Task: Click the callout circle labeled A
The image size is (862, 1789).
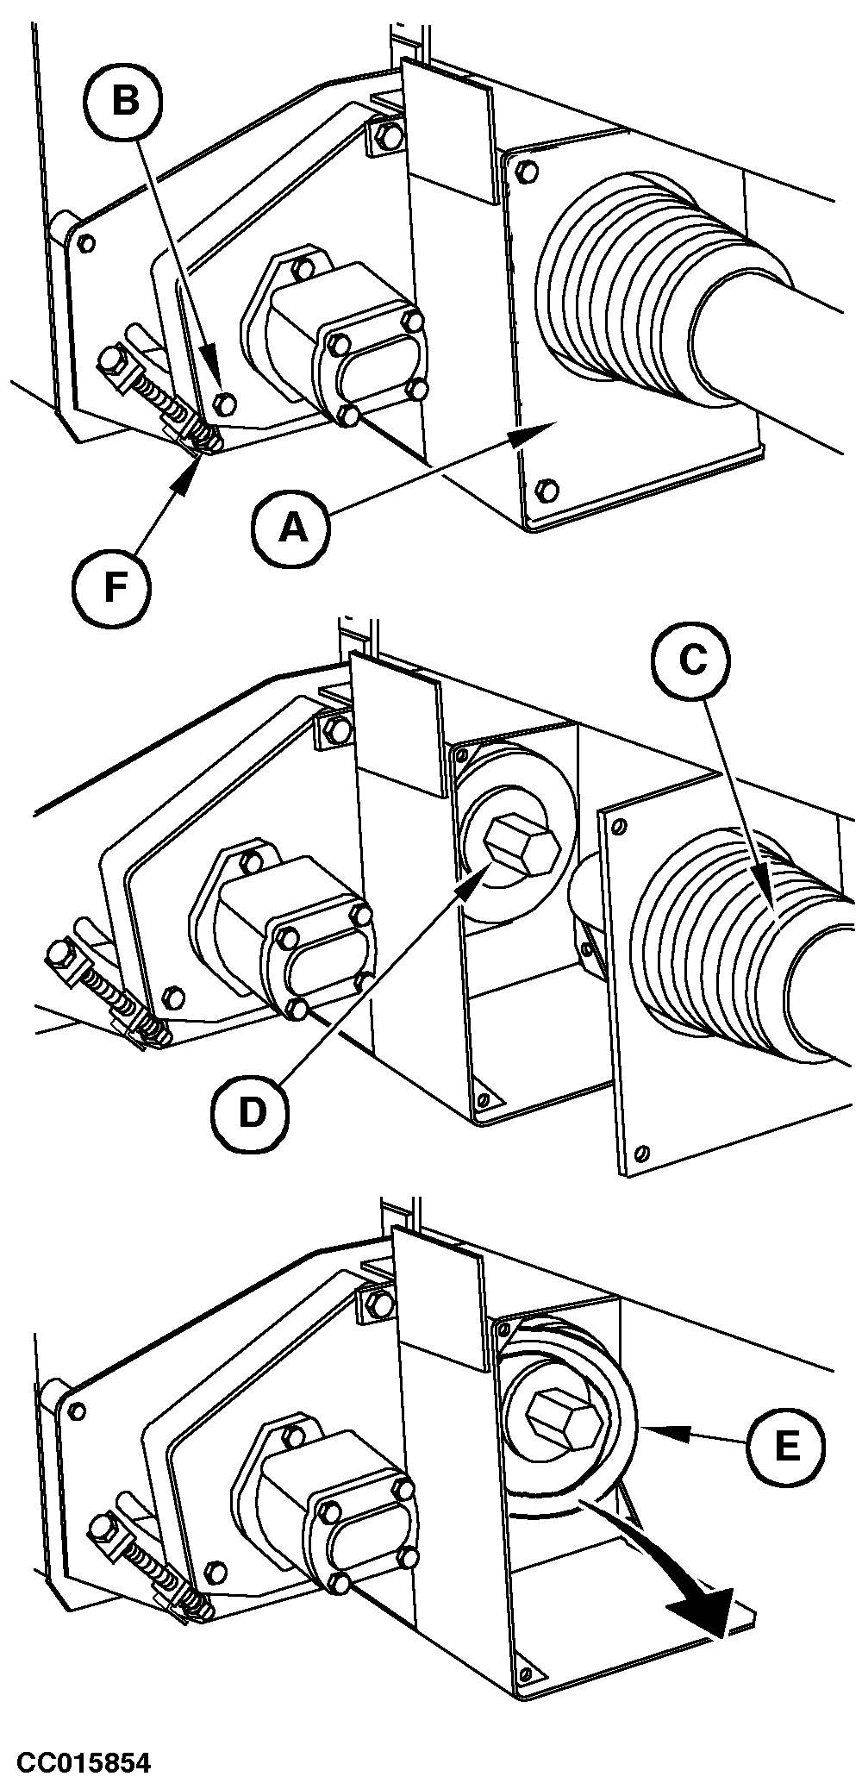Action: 292,527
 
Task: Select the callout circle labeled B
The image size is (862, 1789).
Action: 125,101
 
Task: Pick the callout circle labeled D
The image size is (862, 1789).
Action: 251,1111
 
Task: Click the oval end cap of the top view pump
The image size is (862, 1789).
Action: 373,362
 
